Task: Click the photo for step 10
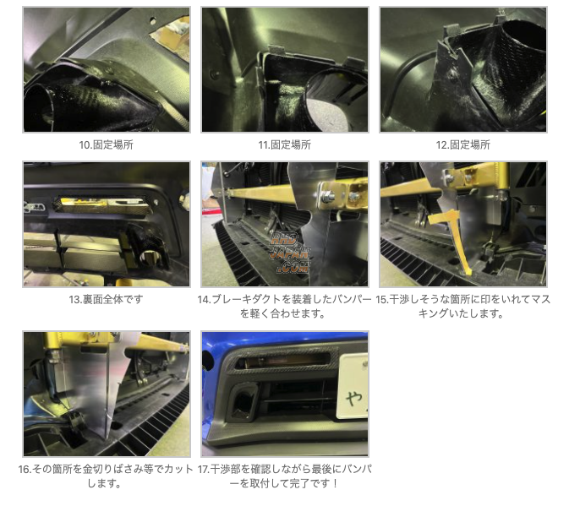[107, 69]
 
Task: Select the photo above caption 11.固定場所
[285, 69]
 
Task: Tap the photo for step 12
[462, 69]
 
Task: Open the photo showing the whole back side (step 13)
[107, 225]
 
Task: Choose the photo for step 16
[107, 394]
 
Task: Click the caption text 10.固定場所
[107, 144]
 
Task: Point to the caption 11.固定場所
[285, 144]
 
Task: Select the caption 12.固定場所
[462, 144]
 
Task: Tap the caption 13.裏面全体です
[107, 299]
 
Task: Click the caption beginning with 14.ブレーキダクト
[285, 306]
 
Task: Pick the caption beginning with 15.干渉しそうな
[462, 306]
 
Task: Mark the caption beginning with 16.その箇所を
[107, 476]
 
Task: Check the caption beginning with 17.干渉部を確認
[285, 476]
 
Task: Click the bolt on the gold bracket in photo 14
[326, 198]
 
